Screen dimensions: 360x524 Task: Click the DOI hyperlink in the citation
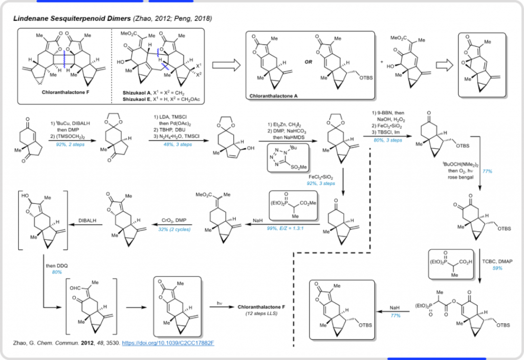pos(165,342)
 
